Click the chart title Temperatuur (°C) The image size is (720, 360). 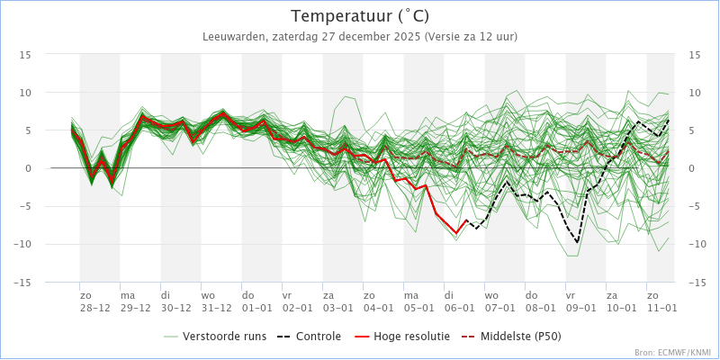tap(361, 16)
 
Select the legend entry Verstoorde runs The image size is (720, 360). tap(215, 337)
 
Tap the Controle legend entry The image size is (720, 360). tap(309, 337)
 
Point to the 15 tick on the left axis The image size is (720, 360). tap(26, 54)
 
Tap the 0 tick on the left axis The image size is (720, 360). tap(29, 168)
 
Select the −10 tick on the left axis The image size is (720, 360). tap(23, 245)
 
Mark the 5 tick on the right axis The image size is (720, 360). tap(692, 130)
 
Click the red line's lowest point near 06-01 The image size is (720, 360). tap(456, 233)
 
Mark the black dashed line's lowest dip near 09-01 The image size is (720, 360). tap(577, 242)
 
